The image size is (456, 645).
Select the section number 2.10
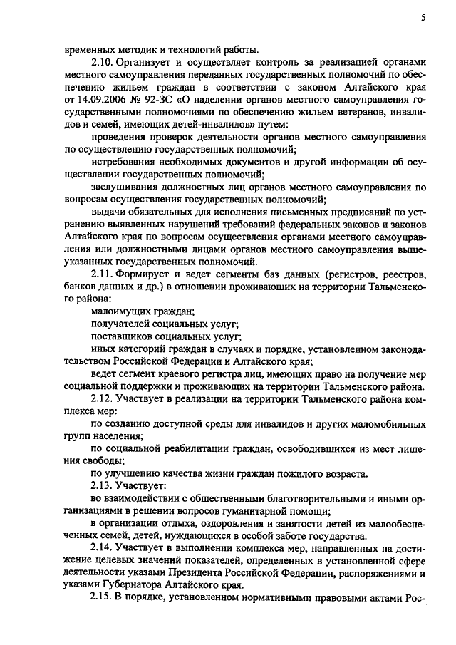coord(104,62)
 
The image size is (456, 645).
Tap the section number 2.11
coord(104,274)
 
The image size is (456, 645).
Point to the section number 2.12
coord(104,394)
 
